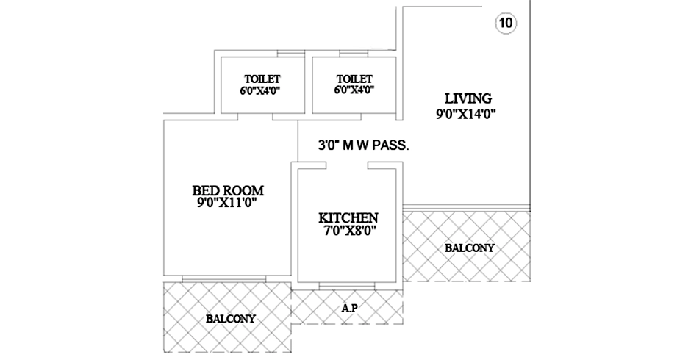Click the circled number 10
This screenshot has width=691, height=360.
coord(506,23)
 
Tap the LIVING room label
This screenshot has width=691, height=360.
coord(468,98)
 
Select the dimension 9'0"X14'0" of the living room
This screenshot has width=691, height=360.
coord(466,114)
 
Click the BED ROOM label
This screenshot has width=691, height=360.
coord(228,190)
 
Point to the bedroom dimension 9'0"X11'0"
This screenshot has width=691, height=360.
coord(227,203)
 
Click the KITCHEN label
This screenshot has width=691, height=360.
coord(348,217)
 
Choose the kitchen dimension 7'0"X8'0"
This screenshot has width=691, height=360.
coord(351,231)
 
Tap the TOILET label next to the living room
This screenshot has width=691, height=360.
coord(354,79)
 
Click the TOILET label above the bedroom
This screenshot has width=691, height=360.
coord(262,79)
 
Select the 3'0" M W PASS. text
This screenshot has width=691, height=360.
coord(364,145)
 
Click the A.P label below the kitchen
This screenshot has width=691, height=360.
coord(349,309)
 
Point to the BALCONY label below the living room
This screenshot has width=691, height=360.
coord(469,248)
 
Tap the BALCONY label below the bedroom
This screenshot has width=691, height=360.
coord(231,319)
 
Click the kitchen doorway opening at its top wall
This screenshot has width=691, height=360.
coord(347,165)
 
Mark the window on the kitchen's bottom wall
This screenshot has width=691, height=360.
coord(347,287)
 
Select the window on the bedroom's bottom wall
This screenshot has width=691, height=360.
coord(224,279)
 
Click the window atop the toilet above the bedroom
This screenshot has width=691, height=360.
coord(291,54)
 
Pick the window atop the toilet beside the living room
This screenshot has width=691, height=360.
coord(354,54)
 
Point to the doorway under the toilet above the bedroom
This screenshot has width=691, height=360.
coord(255,117)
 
